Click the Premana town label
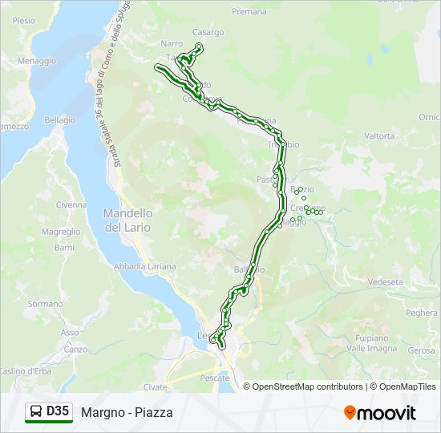coord(249,12)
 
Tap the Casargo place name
coord(208,32)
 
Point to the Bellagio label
coord(59,119)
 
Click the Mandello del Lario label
coord(128,220)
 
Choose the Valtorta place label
coord(379,136)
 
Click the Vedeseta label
coord(385,282)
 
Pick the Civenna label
coord(71,204)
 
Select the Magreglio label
coord(61,232)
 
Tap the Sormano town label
coord(45,304)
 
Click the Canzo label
coord(75,349)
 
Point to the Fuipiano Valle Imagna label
coord(373,343)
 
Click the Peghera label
coord(422,313)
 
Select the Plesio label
coord(24,20)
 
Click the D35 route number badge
coord(57,411)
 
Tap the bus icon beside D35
coord(36,412)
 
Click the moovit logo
coord(380,413)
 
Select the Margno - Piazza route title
coord(127,413)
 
